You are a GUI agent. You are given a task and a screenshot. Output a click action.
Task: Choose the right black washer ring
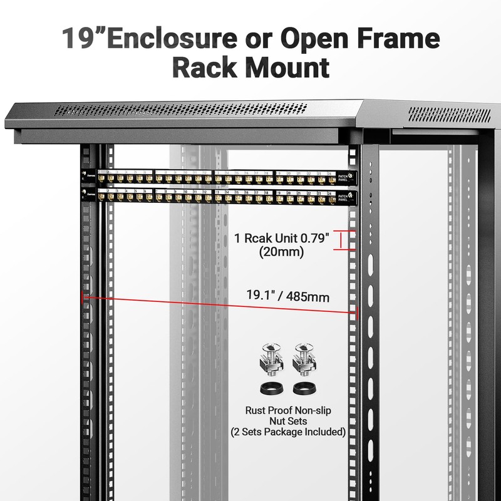coord(303,387)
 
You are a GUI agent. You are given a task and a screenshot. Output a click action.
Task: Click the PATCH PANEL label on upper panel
coord(344,178)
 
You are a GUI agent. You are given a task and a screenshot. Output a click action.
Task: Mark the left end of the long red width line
coord(83,297)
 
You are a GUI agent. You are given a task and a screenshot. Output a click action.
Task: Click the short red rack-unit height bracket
coord(341,240)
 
